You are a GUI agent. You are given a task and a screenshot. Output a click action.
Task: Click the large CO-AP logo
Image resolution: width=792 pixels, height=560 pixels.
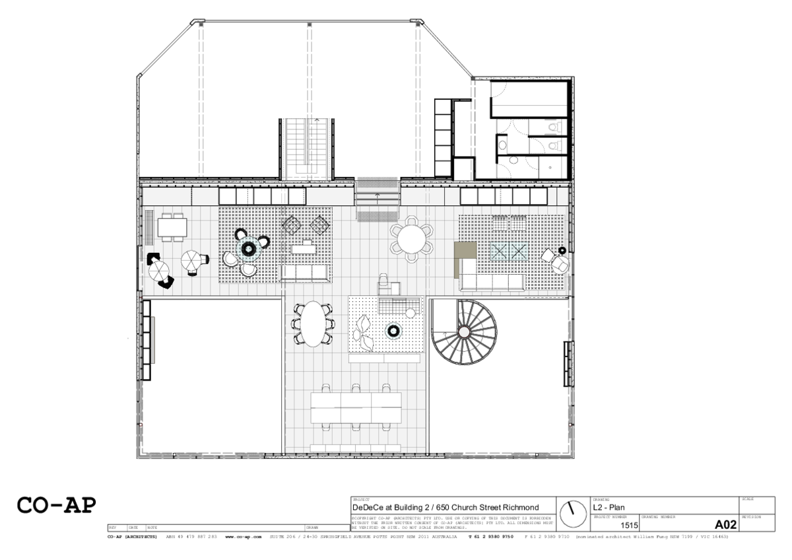pyautogui.click(x=57, y=505)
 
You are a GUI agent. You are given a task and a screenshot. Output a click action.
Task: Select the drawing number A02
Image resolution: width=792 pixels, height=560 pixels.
pyautogui.click(x=725, y=524)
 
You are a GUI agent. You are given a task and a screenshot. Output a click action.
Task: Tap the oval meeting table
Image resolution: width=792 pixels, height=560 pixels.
pyautogui.click(x=313, y=324)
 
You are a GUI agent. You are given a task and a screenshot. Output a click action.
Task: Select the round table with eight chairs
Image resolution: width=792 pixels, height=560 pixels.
pyautogui.click(x=411, y=238)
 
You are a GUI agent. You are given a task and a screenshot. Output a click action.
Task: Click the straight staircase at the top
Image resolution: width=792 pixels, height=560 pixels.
pyautogui.click(x=306, y=148)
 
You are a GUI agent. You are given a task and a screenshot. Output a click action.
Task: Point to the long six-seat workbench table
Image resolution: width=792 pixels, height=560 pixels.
pyautogui.click(x=355, y=407)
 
